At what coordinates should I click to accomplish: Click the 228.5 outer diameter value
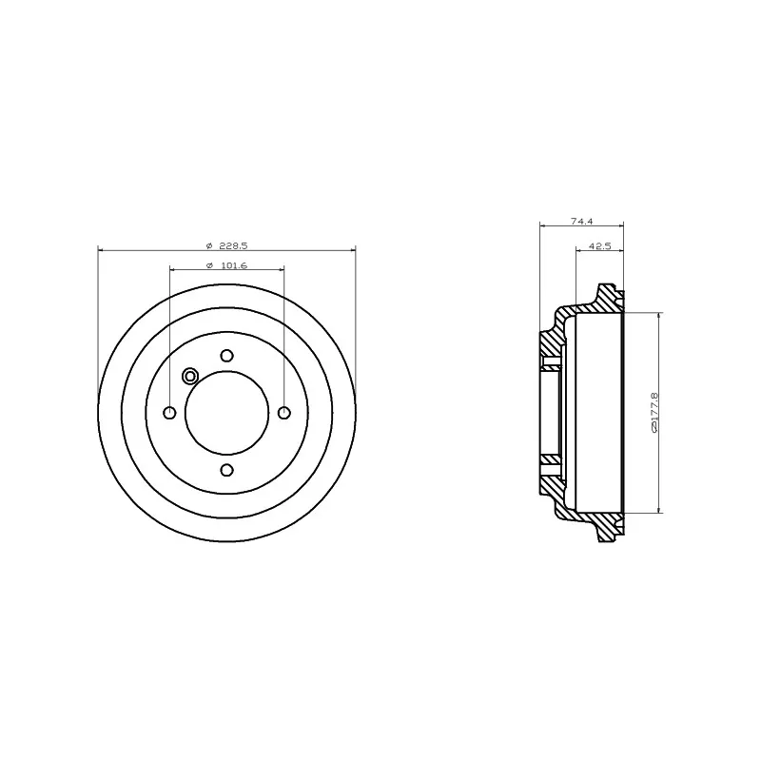[x=233, y=244]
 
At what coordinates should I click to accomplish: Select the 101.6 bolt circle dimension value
[x=233, y=265]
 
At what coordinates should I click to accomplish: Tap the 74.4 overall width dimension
[x=582, y=221]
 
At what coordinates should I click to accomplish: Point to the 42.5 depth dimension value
[x=599, y=245]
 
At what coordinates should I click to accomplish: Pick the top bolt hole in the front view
[x=226, y=356]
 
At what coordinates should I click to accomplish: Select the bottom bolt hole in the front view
[x=226, y=469]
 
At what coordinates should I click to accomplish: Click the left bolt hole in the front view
[x=169, y=412]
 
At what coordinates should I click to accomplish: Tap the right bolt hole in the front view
[x=283, y=412]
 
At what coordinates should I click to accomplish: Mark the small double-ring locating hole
[x=189, y=375]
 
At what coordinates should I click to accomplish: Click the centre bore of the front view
[x=226, y=412]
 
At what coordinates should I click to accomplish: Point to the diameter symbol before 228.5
[x=207, y=244]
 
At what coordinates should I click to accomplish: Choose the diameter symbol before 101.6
[x=207, y=265]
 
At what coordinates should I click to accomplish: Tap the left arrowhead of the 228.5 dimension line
[x=102, y=250]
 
